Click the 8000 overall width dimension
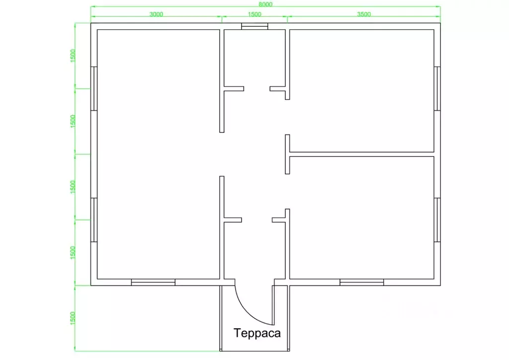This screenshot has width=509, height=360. pos(265,4)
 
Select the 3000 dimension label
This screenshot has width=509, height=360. pos(156,14)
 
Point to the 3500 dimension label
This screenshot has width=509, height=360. pos(364,14)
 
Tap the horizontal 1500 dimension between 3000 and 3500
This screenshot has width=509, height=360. pos(254,14)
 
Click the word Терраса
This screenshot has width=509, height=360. pos(257,333)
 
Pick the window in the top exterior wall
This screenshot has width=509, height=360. pos(254,26)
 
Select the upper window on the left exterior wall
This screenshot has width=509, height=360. pos(94,89)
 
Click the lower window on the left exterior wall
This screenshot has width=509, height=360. pos(94,220)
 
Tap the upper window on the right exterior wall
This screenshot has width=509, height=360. pos(437,89)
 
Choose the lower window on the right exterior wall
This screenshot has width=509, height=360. pos(437,220)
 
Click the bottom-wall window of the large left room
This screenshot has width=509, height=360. pos(153,282)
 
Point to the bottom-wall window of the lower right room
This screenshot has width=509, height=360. pos(362,282)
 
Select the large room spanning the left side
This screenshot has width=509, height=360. pos(159,154)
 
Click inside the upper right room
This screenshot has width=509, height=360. pos(362,90)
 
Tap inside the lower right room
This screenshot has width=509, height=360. pos(362,217)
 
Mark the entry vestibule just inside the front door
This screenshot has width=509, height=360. pos(255,250)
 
